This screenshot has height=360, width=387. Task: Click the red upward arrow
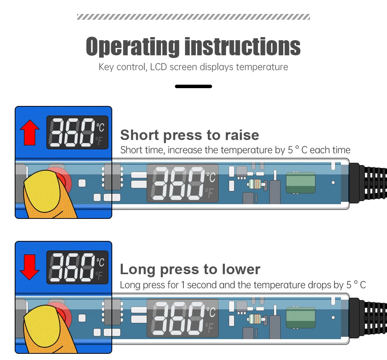[30, 133]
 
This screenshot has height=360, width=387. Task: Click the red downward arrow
[30, 267]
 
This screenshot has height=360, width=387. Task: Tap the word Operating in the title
[132, 46]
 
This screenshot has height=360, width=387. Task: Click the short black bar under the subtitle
[193, 86]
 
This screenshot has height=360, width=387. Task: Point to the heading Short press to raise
[190, 135]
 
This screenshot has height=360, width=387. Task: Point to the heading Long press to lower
[190, 269]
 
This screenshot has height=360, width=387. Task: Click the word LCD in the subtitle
[158, 67]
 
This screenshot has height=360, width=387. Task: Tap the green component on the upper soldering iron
[301, 183]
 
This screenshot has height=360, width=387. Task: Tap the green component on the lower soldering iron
[301, 317]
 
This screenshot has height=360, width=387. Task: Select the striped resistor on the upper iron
[255, 184]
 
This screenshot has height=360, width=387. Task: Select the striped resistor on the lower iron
[255, 319]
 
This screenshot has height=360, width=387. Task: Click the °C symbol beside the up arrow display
[100, 127]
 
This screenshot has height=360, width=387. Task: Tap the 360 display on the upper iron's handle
[183, 183]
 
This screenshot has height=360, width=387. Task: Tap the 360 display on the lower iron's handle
[183, 318]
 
